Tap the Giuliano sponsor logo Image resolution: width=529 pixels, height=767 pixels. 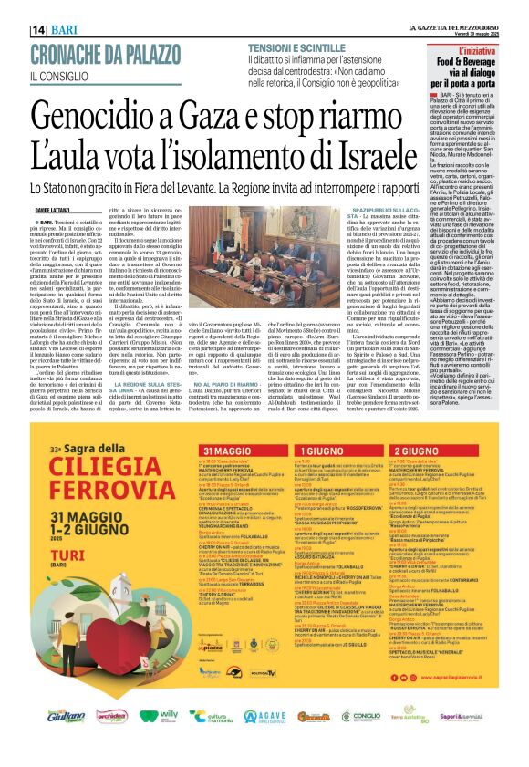pos(67,717)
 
